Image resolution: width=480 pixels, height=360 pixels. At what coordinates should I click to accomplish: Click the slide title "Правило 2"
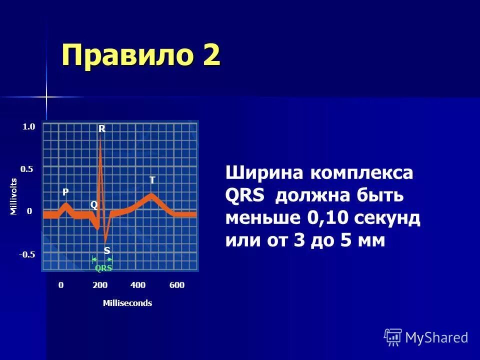coord(140,54)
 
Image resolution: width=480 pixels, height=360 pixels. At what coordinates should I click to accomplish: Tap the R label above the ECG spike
coord(101,128)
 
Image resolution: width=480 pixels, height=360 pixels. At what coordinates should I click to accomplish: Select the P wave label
coord(65,192)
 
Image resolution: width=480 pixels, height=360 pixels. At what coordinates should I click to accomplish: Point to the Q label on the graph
coord(93,205)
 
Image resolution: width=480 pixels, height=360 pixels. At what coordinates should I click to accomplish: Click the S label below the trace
coord(106,249)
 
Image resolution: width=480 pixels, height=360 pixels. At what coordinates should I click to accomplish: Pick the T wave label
coord(152,179)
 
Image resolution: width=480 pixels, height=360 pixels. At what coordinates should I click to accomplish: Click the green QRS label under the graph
coord(103,268)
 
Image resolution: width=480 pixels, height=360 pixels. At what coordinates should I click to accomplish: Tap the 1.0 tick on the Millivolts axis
coord(29,127)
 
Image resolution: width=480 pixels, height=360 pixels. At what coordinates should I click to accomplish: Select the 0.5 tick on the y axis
coord(26,169)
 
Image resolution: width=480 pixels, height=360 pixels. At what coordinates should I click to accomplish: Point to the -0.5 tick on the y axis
coord(27,254)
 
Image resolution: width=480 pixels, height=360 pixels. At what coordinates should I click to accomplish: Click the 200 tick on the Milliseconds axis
coord(100,285)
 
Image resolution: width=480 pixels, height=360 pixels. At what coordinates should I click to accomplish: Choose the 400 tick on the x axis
coord(137,285)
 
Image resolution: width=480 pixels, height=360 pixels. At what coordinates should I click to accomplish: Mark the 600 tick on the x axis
coord(177,285)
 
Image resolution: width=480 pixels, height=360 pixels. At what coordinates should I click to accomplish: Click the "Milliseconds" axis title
coord(127,303)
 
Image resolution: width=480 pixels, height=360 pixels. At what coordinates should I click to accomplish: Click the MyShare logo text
coord(436,337)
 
